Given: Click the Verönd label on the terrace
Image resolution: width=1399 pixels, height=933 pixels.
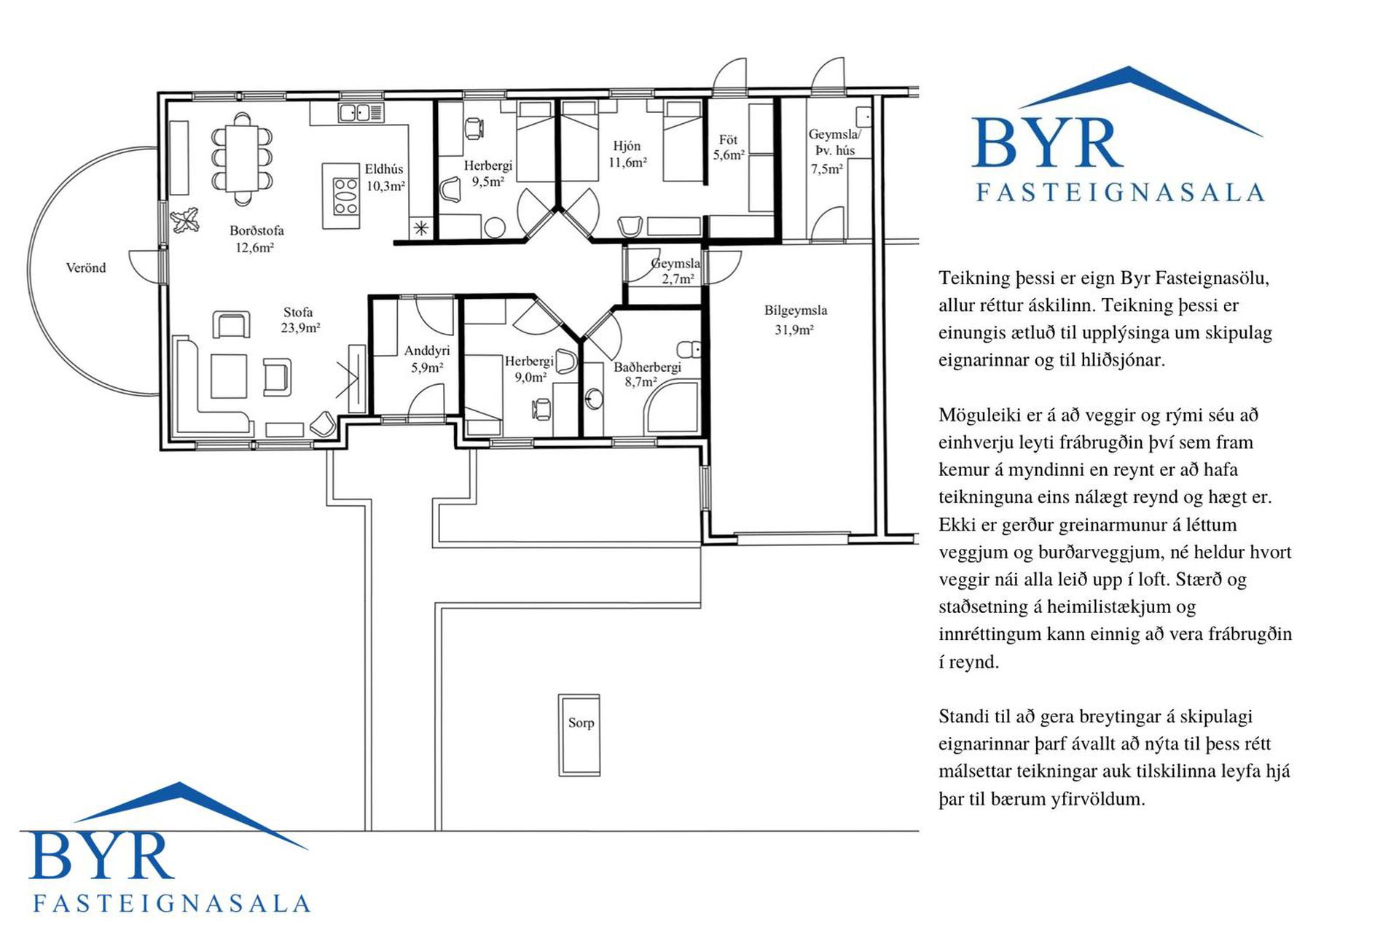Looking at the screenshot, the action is click(86, 268).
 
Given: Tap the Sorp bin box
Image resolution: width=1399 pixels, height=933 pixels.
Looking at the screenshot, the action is click(580, 735).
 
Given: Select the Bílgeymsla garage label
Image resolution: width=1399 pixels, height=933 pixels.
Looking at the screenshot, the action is click(795, 311).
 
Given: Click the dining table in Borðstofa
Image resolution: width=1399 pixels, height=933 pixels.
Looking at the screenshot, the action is click(242, 157).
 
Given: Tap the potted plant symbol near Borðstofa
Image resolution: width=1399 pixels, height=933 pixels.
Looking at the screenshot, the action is click(185, 219).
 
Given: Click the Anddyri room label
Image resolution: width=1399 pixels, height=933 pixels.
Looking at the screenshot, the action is click(427, 351).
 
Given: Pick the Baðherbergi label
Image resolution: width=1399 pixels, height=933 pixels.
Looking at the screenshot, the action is click(647, 367).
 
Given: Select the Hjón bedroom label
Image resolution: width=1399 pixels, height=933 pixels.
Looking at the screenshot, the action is click(627, 146).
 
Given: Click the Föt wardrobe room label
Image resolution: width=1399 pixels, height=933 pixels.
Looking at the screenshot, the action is click(728, 139).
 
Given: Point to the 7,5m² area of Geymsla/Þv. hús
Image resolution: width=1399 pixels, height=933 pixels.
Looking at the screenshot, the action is click(827, 168).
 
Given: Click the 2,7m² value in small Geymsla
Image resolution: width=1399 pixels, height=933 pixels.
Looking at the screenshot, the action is click(678, 278).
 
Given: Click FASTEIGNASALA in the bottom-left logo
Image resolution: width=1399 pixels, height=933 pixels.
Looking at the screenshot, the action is click(172, 903).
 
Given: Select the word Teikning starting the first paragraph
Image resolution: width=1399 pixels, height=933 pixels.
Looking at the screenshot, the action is click(973, 278).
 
